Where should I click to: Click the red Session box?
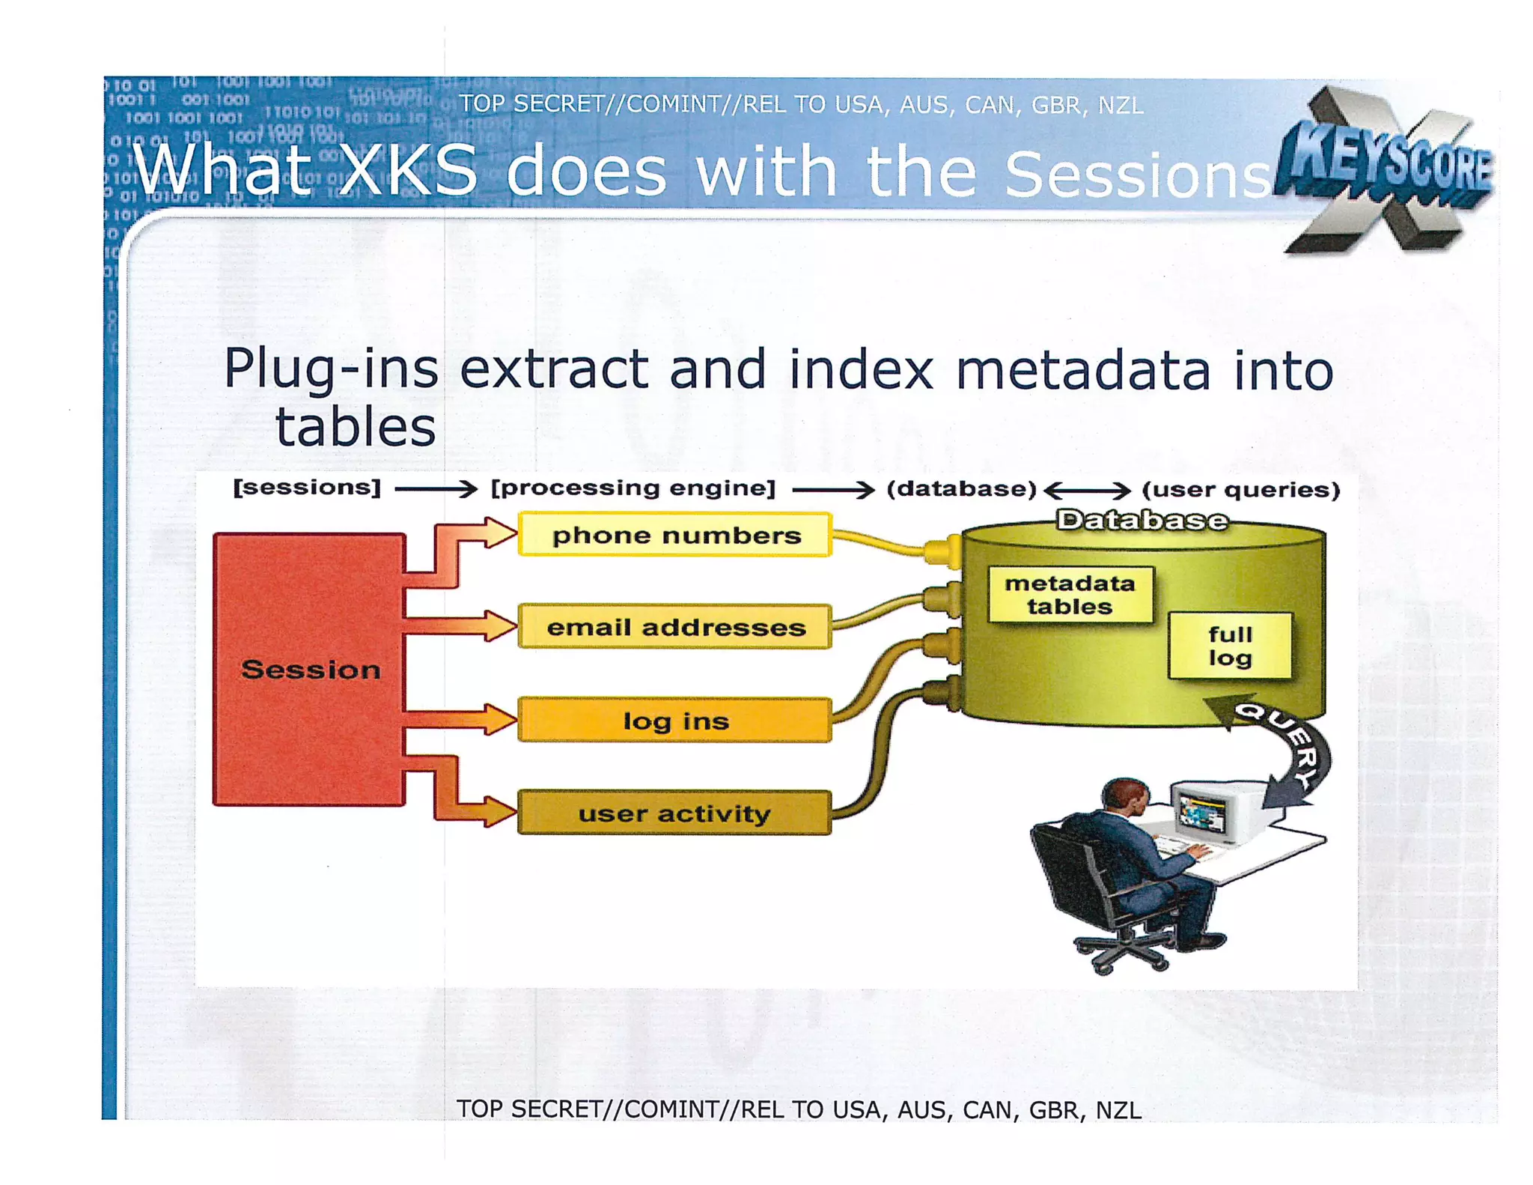pyautogui.click(x=309, y=669)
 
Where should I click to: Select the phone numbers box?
pyautogui.click(x=675, y=535)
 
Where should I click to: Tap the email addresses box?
pyautogui.click(x=675, y=627)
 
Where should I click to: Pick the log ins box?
pyautogui.click(x=675, y=721)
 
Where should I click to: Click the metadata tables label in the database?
pyautogui.click(x=1070, y=595)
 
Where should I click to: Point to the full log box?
pyautogui.click(x=1230, y=646)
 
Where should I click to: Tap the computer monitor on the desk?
pyautogui.click(x=1205, y=813)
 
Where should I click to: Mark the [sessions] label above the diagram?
pyautogui.click(x=307, y=488)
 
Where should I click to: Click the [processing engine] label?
pyautogui.click(x=633, y=488)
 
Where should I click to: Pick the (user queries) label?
pyautogui.click(x=1240, y=490)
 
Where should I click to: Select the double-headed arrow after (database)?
pyautogui.click(x=1087, y=491)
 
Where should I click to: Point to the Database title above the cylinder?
pyautogui.click(x=1142, y=519)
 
